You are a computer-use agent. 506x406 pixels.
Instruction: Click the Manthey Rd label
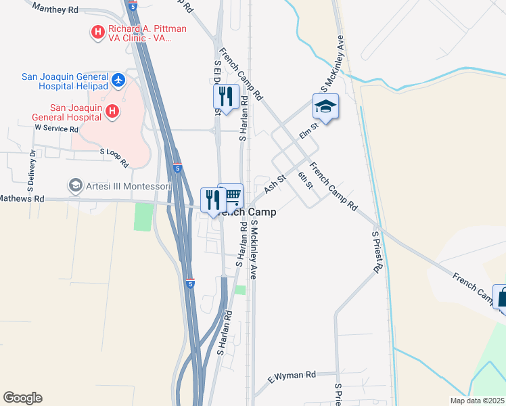click(55, 9)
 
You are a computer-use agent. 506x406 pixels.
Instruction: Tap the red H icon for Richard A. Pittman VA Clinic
click(98, 31)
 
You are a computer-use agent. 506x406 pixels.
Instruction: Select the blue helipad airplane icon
click(119, 80)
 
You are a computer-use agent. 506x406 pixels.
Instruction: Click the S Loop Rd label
click(114, 158)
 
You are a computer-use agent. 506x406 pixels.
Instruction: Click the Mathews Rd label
click(22, 199)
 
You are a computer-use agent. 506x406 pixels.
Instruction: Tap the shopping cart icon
click(232, 196)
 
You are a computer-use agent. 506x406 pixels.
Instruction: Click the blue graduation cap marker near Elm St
click(325, 106)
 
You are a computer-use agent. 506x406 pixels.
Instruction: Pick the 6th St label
click(305, 180)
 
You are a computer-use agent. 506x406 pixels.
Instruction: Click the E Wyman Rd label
click(292, 375)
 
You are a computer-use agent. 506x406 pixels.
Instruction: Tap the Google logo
click(22, 398)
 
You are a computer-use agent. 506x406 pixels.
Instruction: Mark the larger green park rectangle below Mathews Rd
click(143, 217)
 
